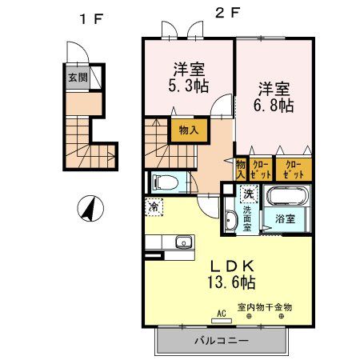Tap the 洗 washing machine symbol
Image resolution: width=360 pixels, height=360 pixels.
point(249,194)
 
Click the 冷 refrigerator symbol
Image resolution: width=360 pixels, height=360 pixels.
point(153,206)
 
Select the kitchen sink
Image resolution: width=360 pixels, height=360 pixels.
point(182,242)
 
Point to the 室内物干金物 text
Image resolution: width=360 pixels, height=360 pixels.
point(265,307)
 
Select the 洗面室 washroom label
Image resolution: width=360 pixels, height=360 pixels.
point(247,217)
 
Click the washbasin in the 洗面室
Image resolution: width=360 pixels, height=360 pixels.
point(230,218)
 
